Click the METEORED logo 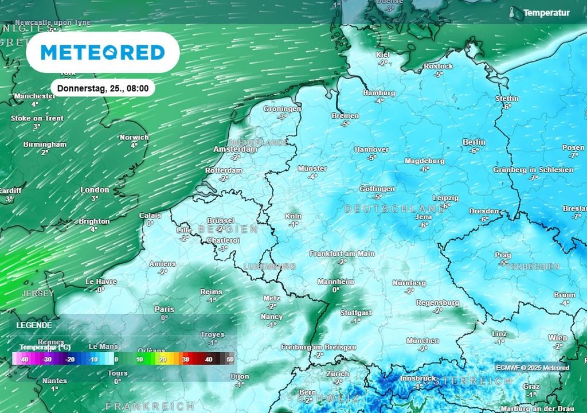point(103,52)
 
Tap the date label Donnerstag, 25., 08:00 point(103,88)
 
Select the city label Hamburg point(379,93)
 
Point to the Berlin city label point(473,142)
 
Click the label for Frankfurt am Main point(342,254)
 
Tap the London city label point(95,190)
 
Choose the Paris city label point(165,309)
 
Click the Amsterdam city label point(235,149)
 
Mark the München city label point(422,341)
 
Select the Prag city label point(503,255)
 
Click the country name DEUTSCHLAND point(394,209)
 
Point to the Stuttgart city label point(355,313)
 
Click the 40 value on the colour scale point(208,359)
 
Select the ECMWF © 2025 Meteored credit point(533,368)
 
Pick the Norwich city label point(134,138)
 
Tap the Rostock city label point(438,67)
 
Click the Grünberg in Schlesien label point(533,170)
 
